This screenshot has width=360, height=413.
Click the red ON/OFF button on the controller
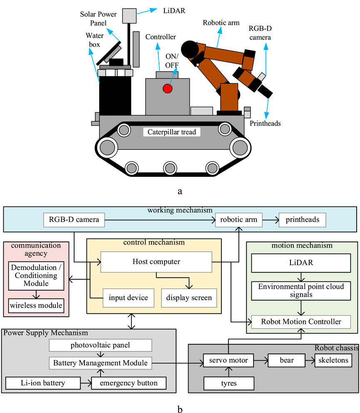click(168, 89)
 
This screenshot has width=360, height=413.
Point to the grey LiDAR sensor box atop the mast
click(130, 15)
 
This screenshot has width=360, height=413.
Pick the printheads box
click(303, 219)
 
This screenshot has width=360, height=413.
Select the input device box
click(128, 298)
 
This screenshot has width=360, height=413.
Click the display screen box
click(189, 298)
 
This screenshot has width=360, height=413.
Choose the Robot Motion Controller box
click(301, 322)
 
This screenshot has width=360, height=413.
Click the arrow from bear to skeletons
click(307, 360)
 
